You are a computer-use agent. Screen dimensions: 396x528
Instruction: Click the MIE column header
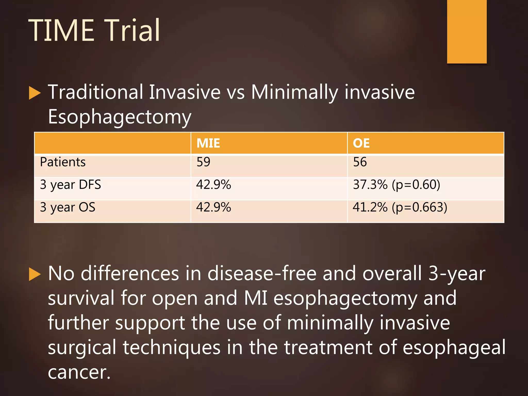click(208, 143)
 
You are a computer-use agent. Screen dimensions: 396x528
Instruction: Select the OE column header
click(361, 143)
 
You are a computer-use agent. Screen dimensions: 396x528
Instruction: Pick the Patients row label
click(63, 162)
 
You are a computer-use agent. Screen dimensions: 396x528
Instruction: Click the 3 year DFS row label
click(70, 185)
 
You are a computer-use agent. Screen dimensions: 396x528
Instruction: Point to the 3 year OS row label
click(68, 208)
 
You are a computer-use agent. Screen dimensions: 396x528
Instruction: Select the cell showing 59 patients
click(203, 162)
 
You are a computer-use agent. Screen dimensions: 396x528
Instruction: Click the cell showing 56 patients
click(360, 162)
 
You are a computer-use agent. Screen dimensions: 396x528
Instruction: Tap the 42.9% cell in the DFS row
click(213, 185)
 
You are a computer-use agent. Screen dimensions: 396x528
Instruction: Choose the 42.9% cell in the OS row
click(213, 208)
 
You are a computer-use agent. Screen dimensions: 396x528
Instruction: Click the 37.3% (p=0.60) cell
click(397, 185)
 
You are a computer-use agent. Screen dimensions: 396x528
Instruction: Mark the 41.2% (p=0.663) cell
click(400, 208)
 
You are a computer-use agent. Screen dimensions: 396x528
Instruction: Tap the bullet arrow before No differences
click(35, 274)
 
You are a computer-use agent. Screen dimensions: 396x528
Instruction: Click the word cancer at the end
click(79, 373)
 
